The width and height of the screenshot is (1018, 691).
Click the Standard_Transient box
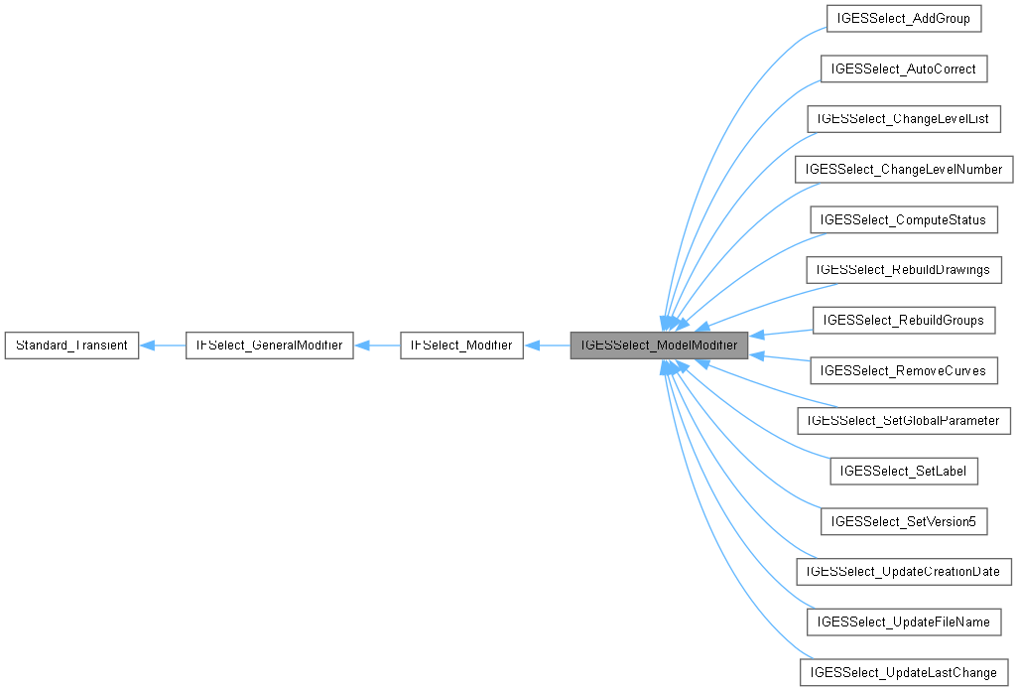(x=71, y=345)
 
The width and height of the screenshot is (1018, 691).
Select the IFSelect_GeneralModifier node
(x=269, y=345)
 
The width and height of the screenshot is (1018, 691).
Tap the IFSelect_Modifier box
(x=460, y=345)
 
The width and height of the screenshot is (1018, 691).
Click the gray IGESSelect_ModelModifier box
(x=659, y=345)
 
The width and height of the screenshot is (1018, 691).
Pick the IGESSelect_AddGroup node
(x=903, y=19)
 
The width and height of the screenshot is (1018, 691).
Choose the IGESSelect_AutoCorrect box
(x=903, y=69)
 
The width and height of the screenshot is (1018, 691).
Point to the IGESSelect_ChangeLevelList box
(x=903, y=119)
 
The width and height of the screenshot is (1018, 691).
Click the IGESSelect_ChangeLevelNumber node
(x=903, y=169)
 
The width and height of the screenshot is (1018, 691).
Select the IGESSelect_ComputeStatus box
(x=903, y=219)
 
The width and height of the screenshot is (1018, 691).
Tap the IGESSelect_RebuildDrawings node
(x=903, y=269)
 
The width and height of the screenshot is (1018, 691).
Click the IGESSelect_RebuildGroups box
(x=903, y=320)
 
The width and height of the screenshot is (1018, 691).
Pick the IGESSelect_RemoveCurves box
(x=903, y=370)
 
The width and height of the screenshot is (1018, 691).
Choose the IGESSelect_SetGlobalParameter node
(x=903, y=420)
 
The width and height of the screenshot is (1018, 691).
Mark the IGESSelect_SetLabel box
(x=903, y=471)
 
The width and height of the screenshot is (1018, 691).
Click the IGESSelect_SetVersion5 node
(x=903, y=521)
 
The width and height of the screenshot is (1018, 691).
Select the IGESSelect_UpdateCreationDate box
(x=903, y=571)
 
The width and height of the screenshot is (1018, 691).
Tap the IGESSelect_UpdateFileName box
(x=903, y=622)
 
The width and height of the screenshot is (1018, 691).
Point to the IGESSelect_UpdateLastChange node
(x=903, y=672)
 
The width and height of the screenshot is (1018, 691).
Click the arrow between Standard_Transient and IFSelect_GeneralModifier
(x=163, y=345)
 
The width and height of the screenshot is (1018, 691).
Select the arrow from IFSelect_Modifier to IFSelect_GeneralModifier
(x=377, y=345)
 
